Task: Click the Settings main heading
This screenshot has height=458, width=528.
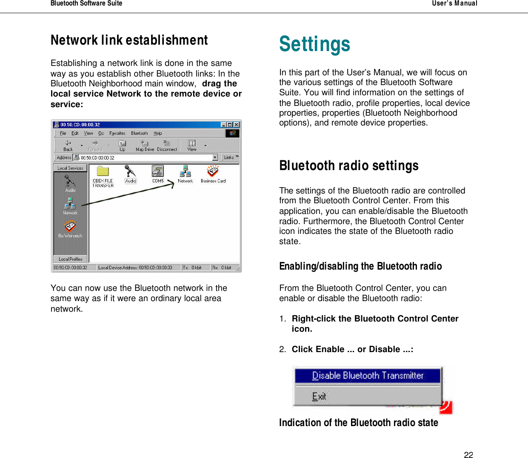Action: click(314, 44)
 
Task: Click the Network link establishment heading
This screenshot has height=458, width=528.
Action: click(129, 40)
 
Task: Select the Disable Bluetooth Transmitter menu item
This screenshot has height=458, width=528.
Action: click(368, 376)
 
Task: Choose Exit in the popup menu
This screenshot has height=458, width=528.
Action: click(319, 396)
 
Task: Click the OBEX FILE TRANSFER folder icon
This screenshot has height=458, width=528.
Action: click(103, 172)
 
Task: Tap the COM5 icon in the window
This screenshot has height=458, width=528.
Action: click(158, 171)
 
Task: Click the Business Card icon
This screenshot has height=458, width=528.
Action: click(213, 172)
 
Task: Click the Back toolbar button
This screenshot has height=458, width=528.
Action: click(68, 145)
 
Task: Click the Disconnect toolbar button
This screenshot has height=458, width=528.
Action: click(167, 145)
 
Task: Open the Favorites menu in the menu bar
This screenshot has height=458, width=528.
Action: click(117, 133)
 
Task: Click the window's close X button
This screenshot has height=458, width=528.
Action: click(237, 125)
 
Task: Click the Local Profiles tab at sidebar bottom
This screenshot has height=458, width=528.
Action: click(71, 259)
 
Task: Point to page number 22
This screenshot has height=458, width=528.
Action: click(468, 455)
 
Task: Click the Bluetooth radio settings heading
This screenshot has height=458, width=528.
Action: click(349, 165)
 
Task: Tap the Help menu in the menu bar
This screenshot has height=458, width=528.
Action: click(157, 133)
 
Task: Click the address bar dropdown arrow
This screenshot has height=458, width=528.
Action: click(215, 157)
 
